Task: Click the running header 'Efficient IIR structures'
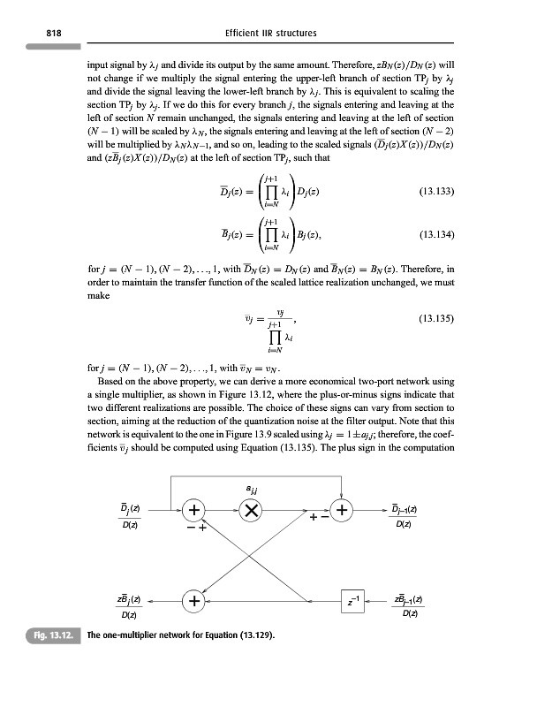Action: (x=268, y=34)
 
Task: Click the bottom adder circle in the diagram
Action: (x=193, y=602)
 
